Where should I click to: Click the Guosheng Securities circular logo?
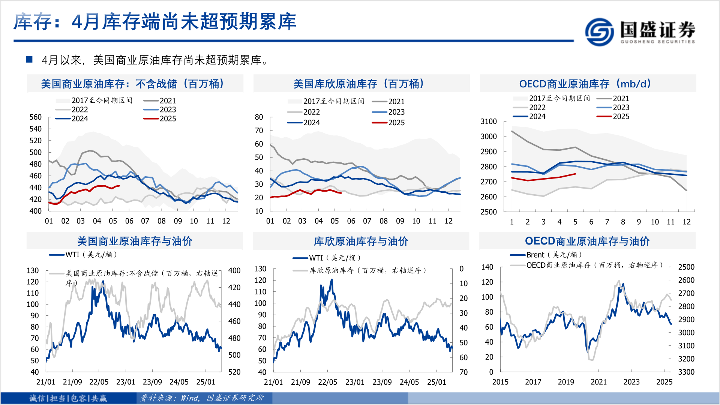pyautogui.click(x=599, y=31)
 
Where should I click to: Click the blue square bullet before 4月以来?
pyautogui.click(x=29, y=59)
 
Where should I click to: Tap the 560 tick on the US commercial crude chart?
pyautogui.click(x=36, y=117)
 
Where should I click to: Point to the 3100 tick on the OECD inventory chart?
pyautogui.click(x=488, y=121)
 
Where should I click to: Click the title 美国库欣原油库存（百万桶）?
pyautogui.click(x=359, y=84)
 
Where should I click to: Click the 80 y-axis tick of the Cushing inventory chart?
pyautogui.click(x=259, y=117)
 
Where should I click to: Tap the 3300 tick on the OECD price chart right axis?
pyautogui.click(x=686, y=372)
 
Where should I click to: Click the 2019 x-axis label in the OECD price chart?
pyautogui.click(x=565, y=382)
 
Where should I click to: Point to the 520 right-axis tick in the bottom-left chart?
pyautogui.click(x=234, y=372)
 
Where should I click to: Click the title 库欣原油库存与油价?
pyautogui.click(x=361, y=241)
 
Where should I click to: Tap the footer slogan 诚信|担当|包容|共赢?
pyautogui.click(x=68, y=398)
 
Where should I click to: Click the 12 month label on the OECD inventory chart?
pyautogui.click(x=686, y=222)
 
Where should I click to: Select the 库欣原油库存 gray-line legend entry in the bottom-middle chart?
pyautogui.click(x=367, y=270)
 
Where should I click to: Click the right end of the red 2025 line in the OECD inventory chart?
pyautogui.click(x=575, y=174)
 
